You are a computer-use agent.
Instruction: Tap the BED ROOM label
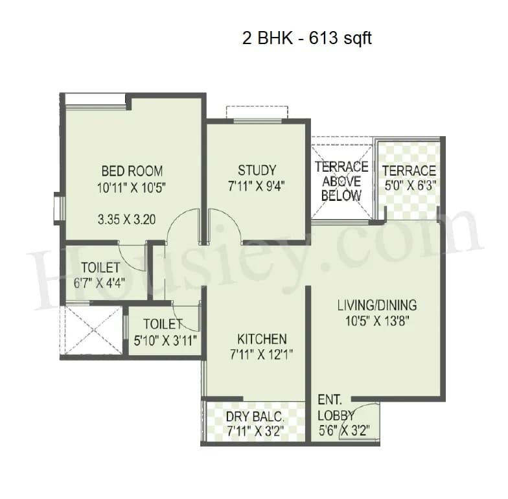coord(132,171)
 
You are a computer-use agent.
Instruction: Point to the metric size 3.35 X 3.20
coord(126,219)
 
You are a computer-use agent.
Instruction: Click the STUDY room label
coord(257,170)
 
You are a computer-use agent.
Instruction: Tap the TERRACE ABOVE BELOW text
coord(341,181)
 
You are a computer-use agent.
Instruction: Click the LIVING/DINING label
coord(376,305)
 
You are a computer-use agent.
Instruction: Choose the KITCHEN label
coord(261,339)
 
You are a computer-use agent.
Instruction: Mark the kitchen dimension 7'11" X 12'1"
coord(261,354)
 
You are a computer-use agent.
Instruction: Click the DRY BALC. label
coord(255,417)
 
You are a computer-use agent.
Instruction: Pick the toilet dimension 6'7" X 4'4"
coord(100,283)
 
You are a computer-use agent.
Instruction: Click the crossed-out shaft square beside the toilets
coord(92,329)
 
